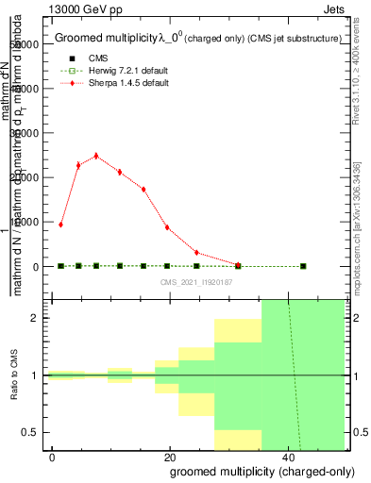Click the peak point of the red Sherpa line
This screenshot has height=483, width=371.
point(95,156)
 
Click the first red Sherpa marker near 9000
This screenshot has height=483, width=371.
point(60,225)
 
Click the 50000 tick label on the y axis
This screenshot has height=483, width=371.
point(25,44)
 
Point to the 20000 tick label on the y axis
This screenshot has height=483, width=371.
point(25,177)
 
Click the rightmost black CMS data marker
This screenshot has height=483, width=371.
point(303,266)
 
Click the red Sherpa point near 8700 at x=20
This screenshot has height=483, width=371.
point(167,227)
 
